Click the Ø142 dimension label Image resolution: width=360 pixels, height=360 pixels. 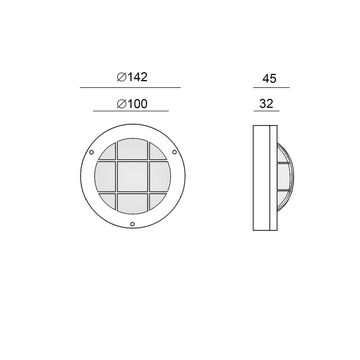pyautogui.click(x=132, y=77)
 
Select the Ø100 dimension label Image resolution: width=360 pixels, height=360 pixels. pyautogui.click(x=132, y=104)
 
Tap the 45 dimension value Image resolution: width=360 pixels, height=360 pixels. pyautogui.click(x=269, y=79)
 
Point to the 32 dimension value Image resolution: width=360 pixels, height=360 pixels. pyautogui.click(x=266, y=104)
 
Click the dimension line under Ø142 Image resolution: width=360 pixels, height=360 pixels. pyautogui.click(x=130, y=88)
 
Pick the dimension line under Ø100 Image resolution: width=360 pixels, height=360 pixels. pyautogui.click(x=131, y=111)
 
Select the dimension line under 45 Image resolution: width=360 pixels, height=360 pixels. pyautogui.click(x=271, y=88)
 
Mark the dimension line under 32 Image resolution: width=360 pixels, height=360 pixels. pyautogui.click(x=267, y=111)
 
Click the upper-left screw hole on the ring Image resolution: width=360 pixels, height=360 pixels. pyautogui.click(x=91, y=152)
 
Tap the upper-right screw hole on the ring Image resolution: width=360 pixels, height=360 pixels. pyautogui.click(x=174, y=152)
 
